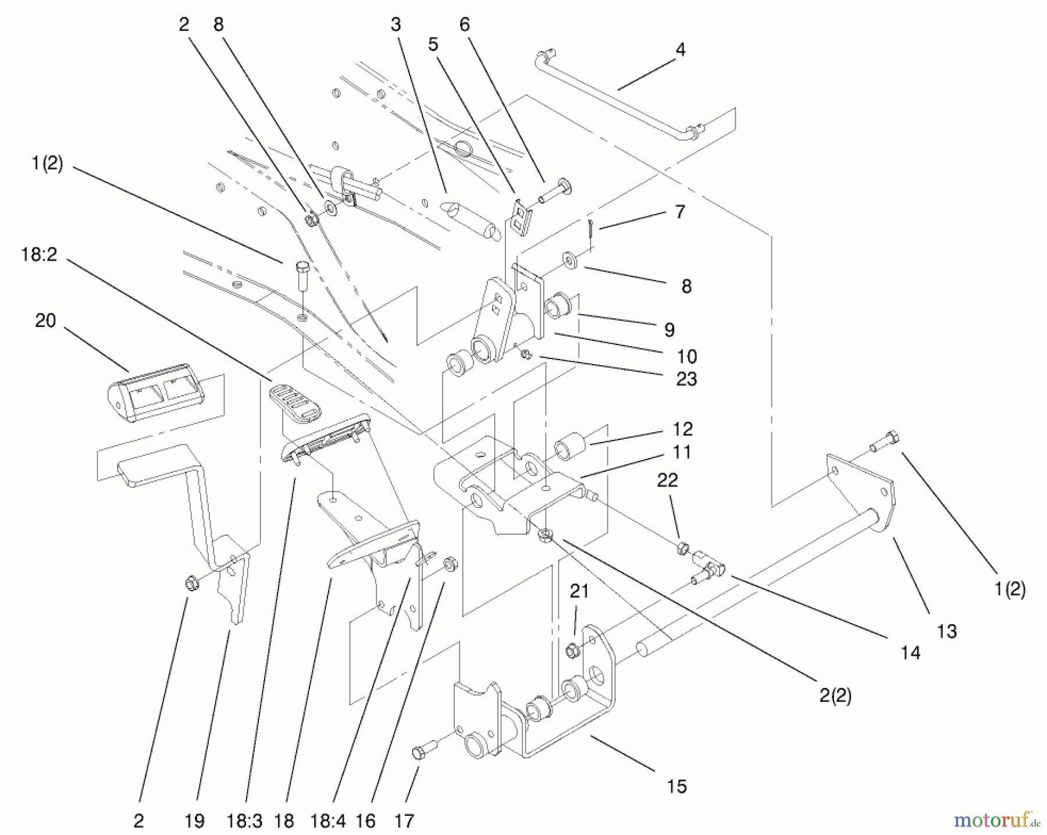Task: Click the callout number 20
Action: point(45,321)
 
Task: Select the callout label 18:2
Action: point(39,254)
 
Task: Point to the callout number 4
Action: point(681,50)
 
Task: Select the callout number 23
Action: point(686,379)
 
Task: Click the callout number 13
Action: point(947,631)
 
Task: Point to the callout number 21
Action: point(579,592)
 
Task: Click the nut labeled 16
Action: point(450,563)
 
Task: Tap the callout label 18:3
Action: point(245,821)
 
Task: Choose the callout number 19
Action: point(194,821)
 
